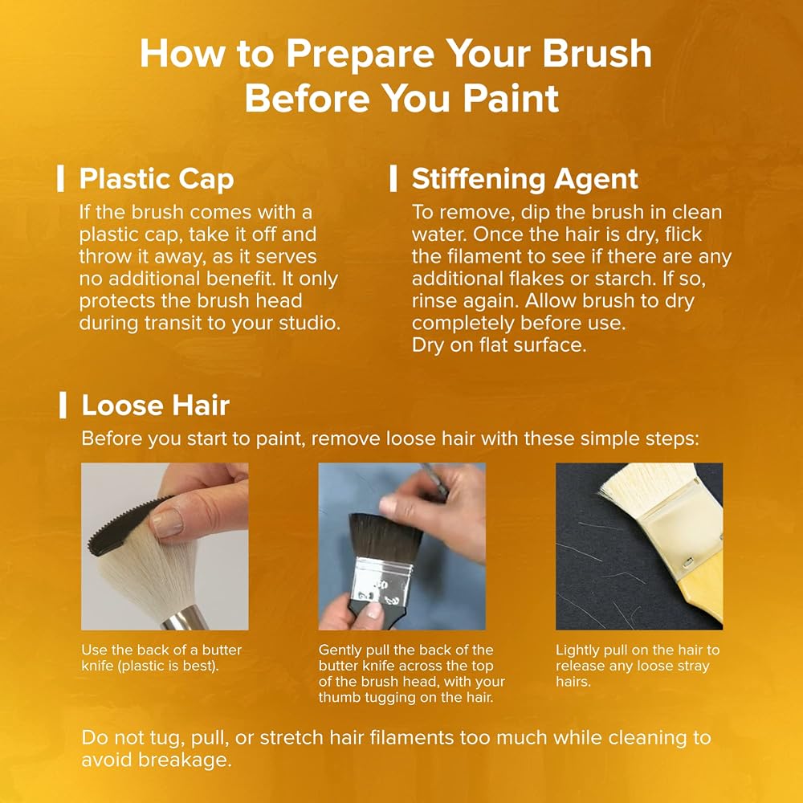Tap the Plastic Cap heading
tap(157, 179)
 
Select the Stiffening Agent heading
tap(525, 179)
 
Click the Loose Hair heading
tap(156, 405)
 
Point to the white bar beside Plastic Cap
tap(60, 178)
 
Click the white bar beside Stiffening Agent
tap(393, 178)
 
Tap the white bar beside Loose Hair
tap(63, 405)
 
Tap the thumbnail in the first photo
tap(167, 523)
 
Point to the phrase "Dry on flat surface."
tap(499, 345)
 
